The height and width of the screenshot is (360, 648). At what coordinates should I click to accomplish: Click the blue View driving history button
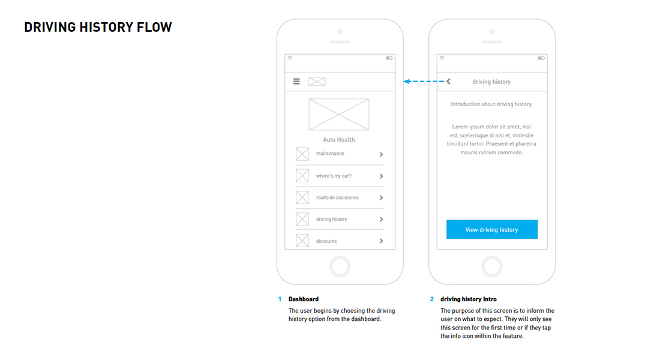point(492,229)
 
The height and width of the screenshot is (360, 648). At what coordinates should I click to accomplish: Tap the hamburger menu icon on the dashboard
point(296,82)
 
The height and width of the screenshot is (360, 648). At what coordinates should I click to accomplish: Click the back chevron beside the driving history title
point(448,82)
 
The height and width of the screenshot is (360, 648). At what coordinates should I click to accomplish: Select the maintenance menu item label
point(330,154)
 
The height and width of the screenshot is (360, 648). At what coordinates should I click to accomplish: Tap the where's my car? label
point(334,176)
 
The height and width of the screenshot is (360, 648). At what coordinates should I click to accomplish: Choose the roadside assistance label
point(337,197)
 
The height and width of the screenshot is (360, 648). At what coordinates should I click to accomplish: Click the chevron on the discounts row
point(382,241)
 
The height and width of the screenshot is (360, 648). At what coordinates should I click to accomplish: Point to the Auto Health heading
point(339,140)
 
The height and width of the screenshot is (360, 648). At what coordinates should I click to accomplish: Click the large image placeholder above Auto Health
point(339,115)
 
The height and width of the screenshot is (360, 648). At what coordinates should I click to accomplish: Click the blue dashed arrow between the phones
point(424,82)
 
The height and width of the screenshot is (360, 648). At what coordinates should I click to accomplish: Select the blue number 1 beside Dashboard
point(280,299)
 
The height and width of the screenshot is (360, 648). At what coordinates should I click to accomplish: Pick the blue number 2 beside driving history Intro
point(432,299)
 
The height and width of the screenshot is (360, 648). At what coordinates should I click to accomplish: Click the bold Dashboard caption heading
point(304,299)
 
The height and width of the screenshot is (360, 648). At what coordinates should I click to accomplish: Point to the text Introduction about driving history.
point(491,104)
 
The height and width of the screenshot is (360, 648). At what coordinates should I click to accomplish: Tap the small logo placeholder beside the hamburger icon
point(317,82)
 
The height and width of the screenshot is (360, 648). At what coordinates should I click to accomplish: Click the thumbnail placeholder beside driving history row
point(302,219)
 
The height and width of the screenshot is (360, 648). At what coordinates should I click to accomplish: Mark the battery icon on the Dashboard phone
point(389,58)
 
